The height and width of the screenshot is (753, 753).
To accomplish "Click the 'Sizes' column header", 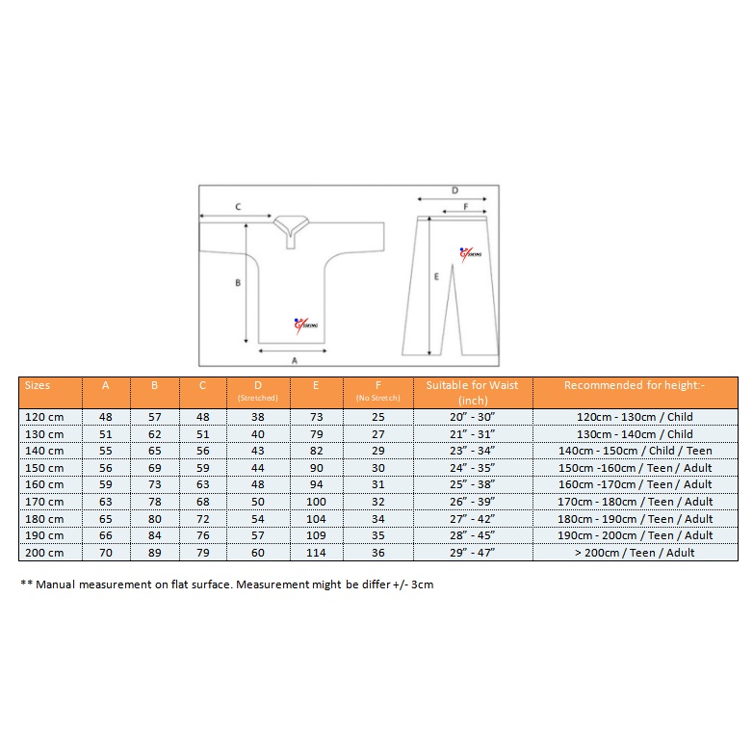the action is click(38, 385).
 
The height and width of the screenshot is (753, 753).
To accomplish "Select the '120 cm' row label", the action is click(44, 417).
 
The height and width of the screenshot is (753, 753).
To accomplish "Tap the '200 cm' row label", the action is click(44, 553).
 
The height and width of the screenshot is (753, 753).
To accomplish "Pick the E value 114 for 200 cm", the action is click(316, 553).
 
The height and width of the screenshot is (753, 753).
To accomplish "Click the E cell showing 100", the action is click(316, 502).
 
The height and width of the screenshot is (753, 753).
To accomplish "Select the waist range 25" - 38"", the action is click(472, 484).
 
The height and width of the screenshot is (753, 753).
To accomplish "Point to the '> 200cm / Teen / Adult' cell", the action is click(635, 553).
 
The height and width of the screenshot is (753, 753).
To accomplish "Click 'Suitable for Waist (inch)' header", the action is click(472, 392).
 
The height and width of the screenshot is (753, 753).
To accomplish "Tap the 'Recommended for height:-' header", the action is click(635, 385).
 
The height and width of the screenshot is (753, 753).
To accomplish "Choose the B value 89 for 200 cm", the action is click(155, 553).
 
